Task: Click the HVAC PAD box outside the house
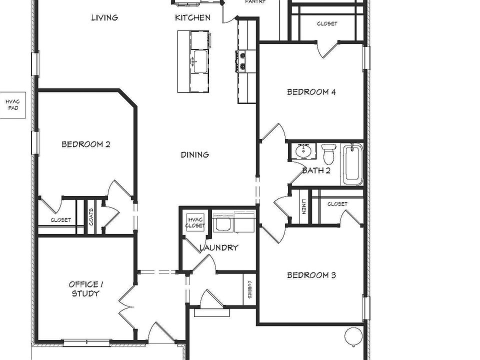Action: (12, 104)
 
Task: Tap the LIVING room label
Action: (104, 17)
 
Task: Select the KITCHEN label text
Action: (192, 17)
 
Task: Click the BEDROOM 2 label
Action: (85, 144)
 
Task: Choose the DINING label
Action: (194, 154)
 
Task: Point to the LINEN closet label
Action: (303, 206)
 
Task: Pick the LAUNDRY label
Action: (218, 247)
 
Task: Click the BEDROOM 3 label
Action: (311, 275)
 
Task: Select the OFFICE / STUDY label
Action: (85, 289)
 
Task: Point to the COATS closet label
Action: (91, 216)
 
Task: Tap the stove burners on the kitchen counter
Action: (242, 61)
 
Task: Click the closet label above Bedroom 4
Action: (327, 23)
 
